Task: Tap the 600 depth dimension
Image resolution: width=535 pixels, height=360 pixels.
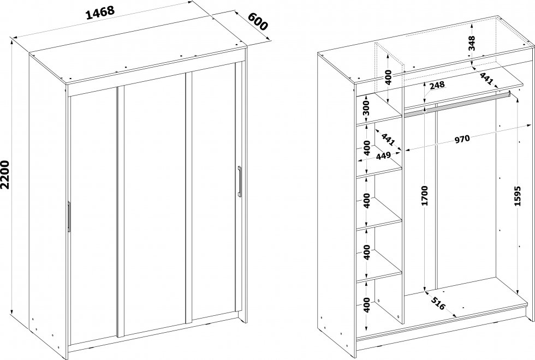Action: click(x=258, y=21)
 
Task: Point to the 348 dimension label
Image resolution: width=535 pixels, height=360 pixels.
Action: click(x=472, y=43)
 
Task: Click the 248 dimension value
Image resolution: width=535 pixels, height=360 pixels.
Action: click(x=437, y=85)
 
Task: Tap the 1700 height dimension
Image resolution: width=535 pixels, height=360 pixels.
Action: click(x=425, y=196)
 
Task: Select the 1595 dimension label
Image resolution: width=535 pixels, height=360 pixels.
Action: click(x=518, y=196)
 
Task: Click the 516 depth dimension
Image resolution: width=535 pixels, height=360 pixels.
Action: click(x=438, y=303)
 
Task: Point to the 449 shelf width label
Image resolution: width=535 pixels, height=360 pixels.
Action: click(x=383, y=157)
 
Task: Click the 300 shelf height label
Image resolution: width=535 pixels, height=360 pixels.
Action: click(x=366, y=109)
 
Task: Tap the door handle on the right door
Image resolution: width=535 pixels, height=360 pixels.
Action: click(x=240, y=181)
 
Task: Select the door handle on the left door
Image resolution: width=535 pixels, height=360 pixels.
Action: click(x=69, y=217)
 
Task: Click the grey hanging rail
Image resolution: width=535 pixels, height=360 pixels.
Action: click(x=456, y=104)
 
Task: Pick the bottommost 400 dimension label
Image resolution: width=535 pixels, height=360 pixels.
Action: click(x=366, y=305)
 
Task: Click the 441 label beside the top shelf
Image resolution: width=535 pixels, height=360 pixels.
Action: click(x=486, y=79)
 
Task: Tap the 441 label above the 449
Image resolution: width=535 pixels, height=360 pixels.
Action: click(x=388, y=140)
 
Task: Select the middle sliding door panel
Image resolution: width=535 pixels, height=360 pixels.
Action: click(x=154, y=205)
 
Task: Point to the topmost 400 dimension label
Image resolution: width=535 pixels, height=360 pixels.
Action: click(x=388, y=77)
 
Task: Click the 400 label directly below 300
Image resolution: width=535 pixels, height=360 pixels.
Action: click(x=366, y=148)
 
